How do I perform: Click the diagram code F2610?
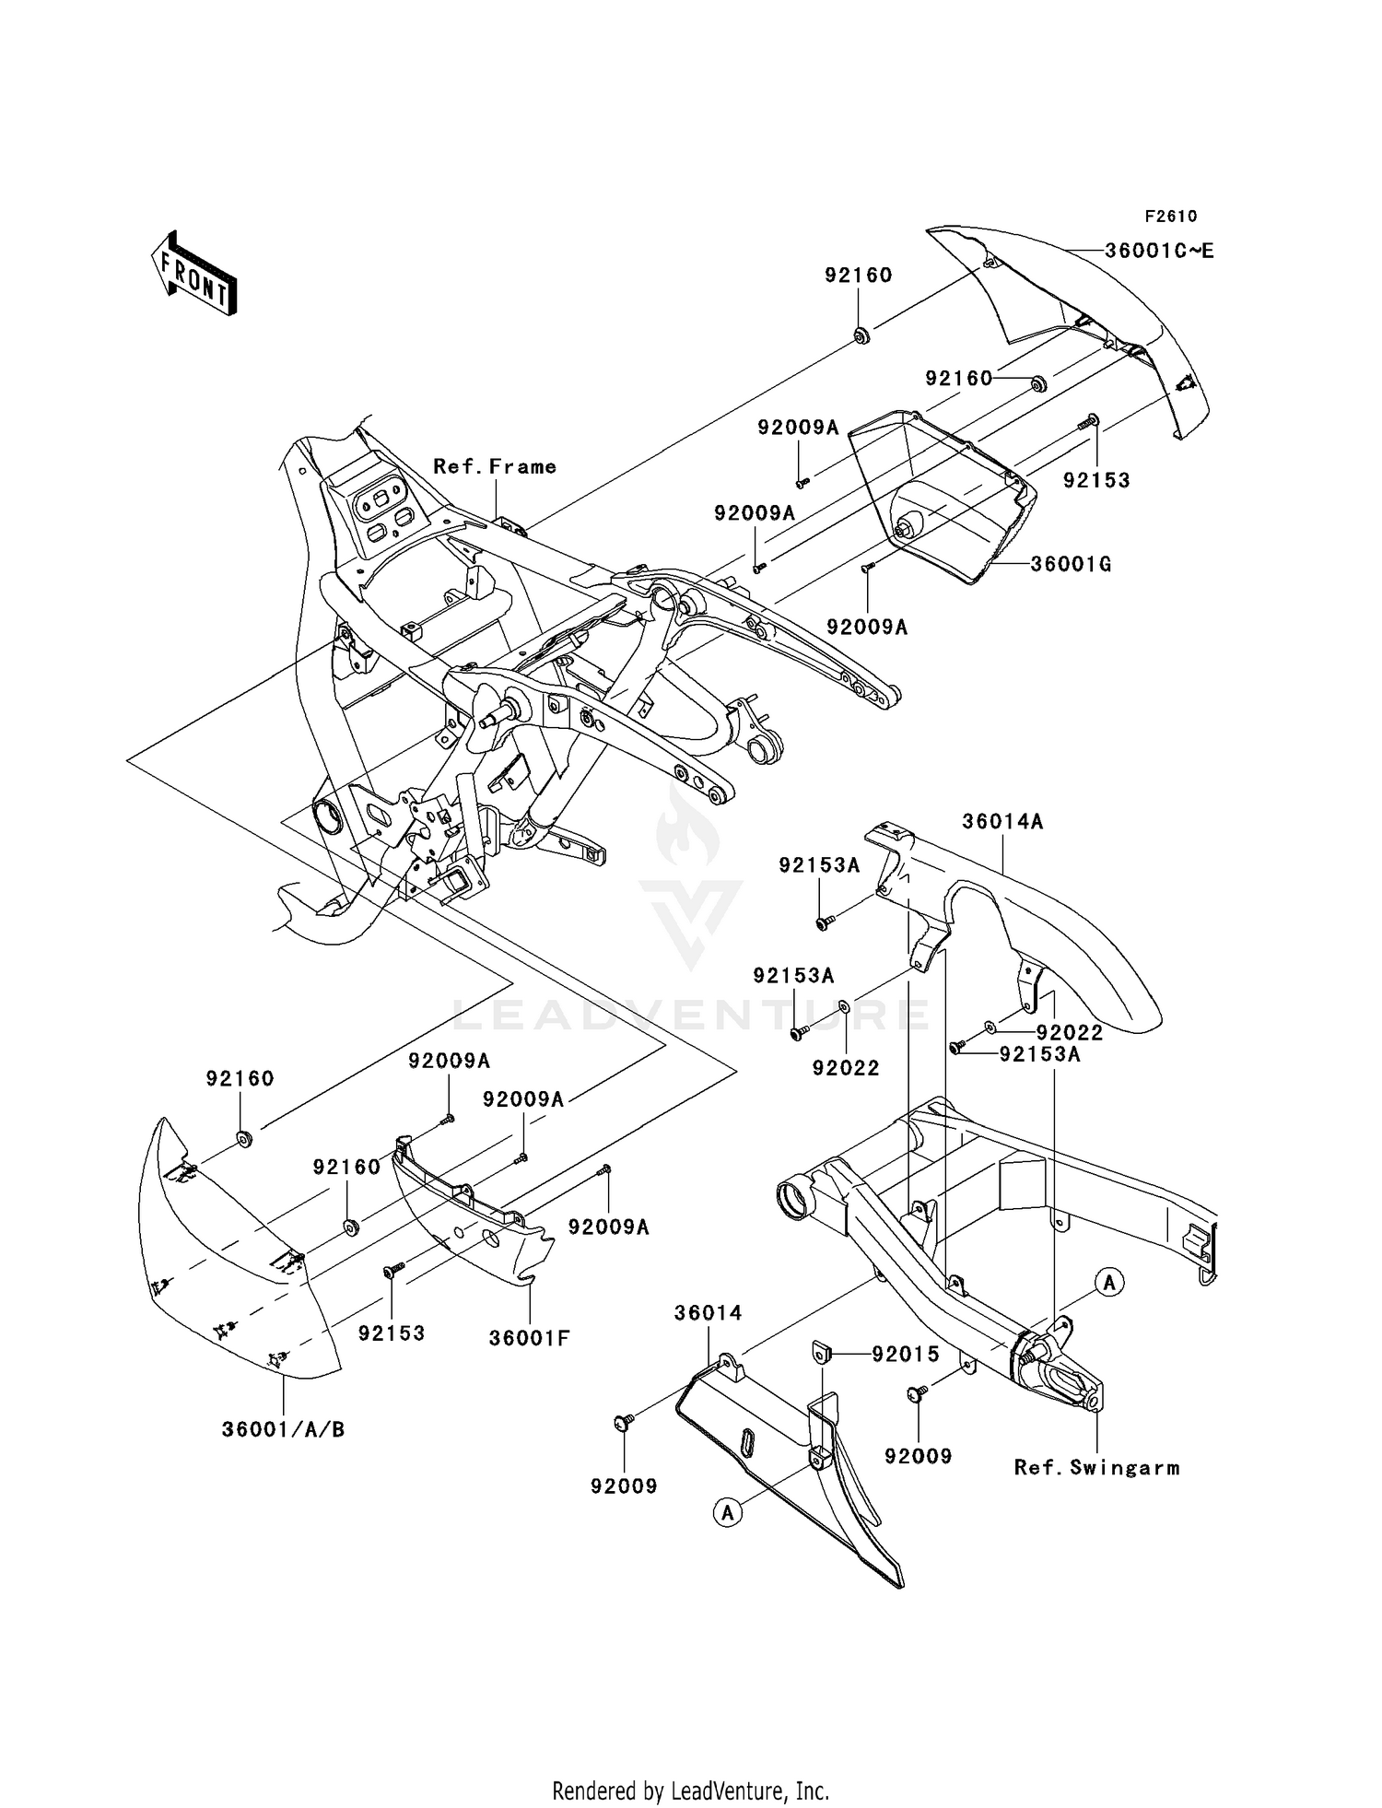(x=1170, y=217)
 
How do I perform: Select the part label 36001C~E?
(x=1159, y=251)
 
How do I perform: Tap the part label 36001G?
(x=1071, y=564)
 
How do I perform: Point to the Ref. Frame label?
(x=495, y=467)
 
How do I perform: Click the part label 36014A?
(x=1002, y=821)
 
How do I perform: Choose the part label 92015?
(x=906, y=1354)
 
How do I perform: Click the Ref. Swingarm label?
(x=1096, y=1468)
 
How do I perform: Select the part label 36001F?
(x=529, y=1338)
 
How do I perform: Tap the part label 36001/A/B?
(x=284, y=1430)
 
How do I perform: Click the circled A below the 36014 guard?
(x=728, y=1512)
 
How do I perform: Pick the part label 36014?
(x=708, y=1312)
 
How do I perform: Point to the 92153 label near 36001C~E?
(x=1096, y=481)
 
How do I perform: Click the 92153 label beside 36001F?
(x=392, y=1333)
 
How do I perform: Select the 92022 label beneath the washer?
(x=845, y=1068)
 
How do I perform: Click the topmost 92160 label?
(x=858, y=276)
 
